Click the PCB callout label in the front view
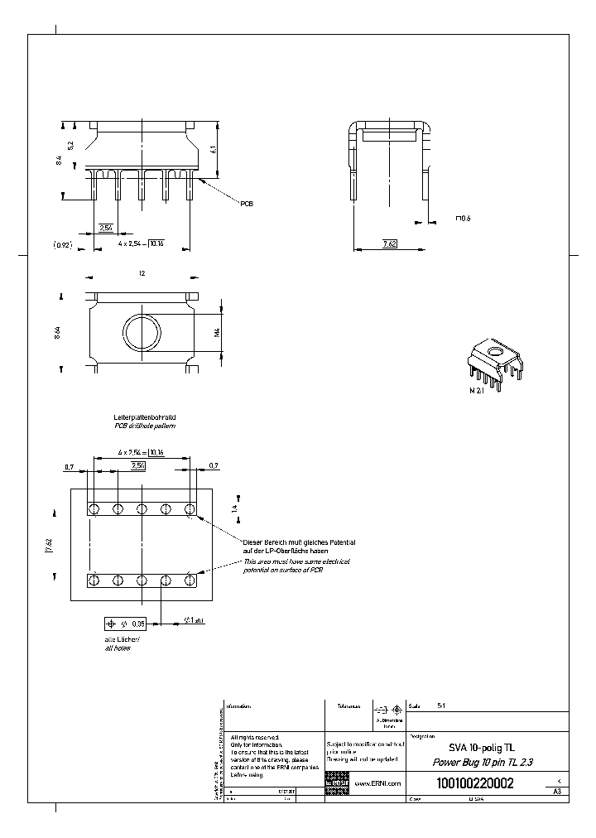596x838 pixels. (x=246, y=203)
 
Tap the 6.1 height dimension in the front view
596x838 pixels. (x=214, y=149)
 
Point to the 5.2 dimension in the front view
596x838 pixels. (x=72, y=146)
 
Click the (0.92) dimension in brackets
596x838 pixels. (x=63, y=245)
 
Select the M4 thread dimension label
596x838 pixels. (x=216, y=333)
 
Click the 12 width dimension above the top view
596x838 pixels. (x=142, y=272)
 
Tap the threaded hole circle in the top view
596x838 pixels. (x=142, y=333)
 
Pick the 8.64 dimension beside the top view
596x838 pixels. (x=57, y=333)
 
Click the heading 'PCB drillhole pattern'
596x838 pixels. (x=145, y=426)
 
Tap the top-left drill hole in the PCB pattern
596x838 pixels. (x=94, y=508)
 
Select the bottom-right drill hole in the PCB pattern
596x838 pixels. (x=190, y=579)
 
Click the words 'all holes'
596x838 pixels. (x=118, y=648)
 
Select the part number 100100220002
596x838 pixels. (x=473, y=783)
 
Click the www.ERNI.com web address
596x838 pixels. (x=377, y=783)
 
